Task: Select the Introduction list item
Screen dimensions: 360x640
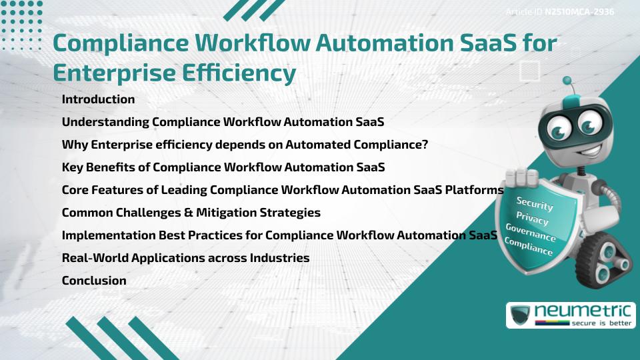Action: pyautogui.click(x=98, y=99)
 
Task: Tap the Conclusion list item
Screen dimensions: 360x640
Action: pyautogui.click(x=94, y=281)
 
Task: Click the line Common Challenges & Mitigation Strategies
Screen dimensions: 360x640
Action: pyautogui.click(x=191, y=213)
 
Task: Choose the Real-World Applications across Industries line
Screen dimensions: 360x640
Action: pyautogui.click(x=185, y=258)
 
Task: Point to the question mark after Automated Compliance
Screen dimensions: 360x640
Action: pyautogui.click(x=424, y=145)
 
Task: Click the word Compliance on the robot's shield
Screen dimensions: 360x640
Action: pyautogui.click(x=528, y=247)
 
